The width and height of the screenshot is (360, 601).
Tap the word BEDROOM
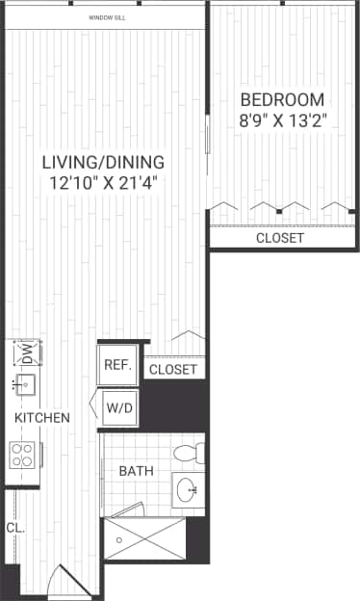point(282,99)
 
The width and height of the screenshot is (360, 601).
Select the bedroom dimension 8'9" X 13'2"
point(282,121)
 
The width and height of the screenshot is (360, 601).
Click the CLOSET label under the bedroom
point(280,238)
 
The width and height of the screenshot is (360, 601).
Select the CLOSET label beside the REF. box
point(174,370)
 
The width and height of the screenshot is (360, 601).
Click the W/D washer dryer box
point(120,408)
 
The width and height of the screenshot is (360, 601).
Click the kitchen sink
point(25,386)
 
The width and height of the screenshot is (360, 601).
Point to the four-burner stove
point(24,454)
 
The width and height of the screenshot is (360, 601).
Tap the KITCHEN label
point(41,418)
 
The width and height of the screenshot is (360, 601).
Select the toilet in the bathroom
point(186,452)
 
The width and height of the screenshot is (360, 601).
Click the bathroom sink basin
point(188,490)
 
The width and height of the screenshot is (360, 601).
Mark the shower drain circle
point(118,540)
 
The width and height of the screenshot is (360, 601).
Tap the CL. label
point(13,527)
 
